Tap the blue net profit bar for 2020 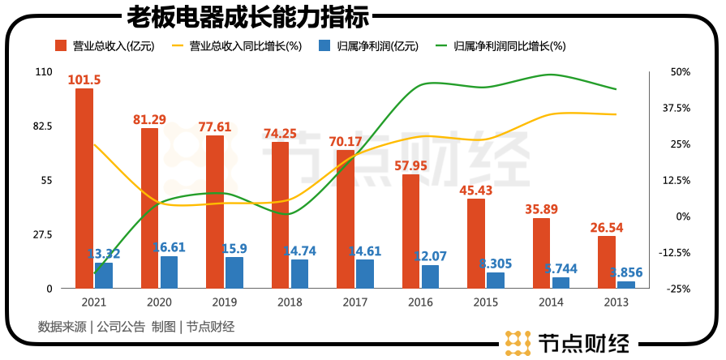(169, 272)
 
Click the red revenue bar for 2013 (607, 262)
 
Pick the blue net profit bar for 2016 (430, 276)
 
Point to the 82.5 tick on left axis (42, 126)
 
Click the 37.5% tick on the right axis (676, 108)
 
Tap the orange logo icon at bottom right (516, 343)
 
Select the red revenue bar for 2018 (280, 215)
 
